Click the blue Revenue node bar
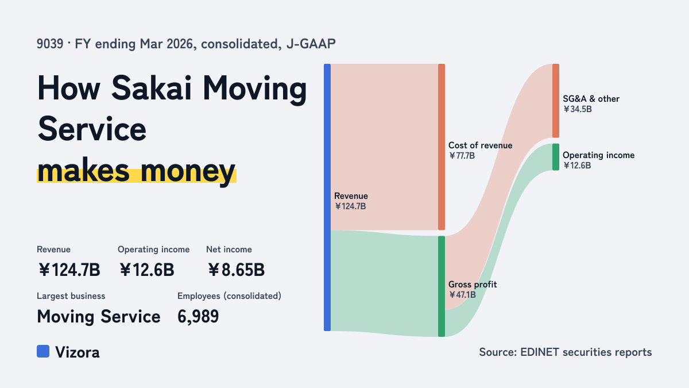327,197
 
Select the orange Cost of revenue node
442,147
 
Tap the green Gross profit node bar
442,286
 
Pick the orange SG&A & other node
556,101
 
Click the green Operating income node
556,157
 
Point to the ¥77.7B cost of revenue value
462,156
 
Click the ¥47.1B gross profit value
462,295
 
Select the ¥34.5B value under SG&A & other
578,109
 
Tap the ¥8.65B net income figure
236,270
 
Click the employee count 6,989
198,317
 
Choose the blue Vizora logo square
43,351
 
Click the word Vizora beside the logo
78,352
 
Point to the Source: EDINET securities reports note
566,352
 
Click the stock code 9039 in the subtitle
50,44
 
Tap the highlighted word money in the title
188,170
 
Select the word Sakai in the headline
152,88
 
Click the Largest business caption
71,296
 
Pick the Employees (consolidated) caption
229,296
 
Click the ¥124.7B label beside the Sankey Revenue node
350,206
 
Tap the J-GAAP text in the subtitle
311,44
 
